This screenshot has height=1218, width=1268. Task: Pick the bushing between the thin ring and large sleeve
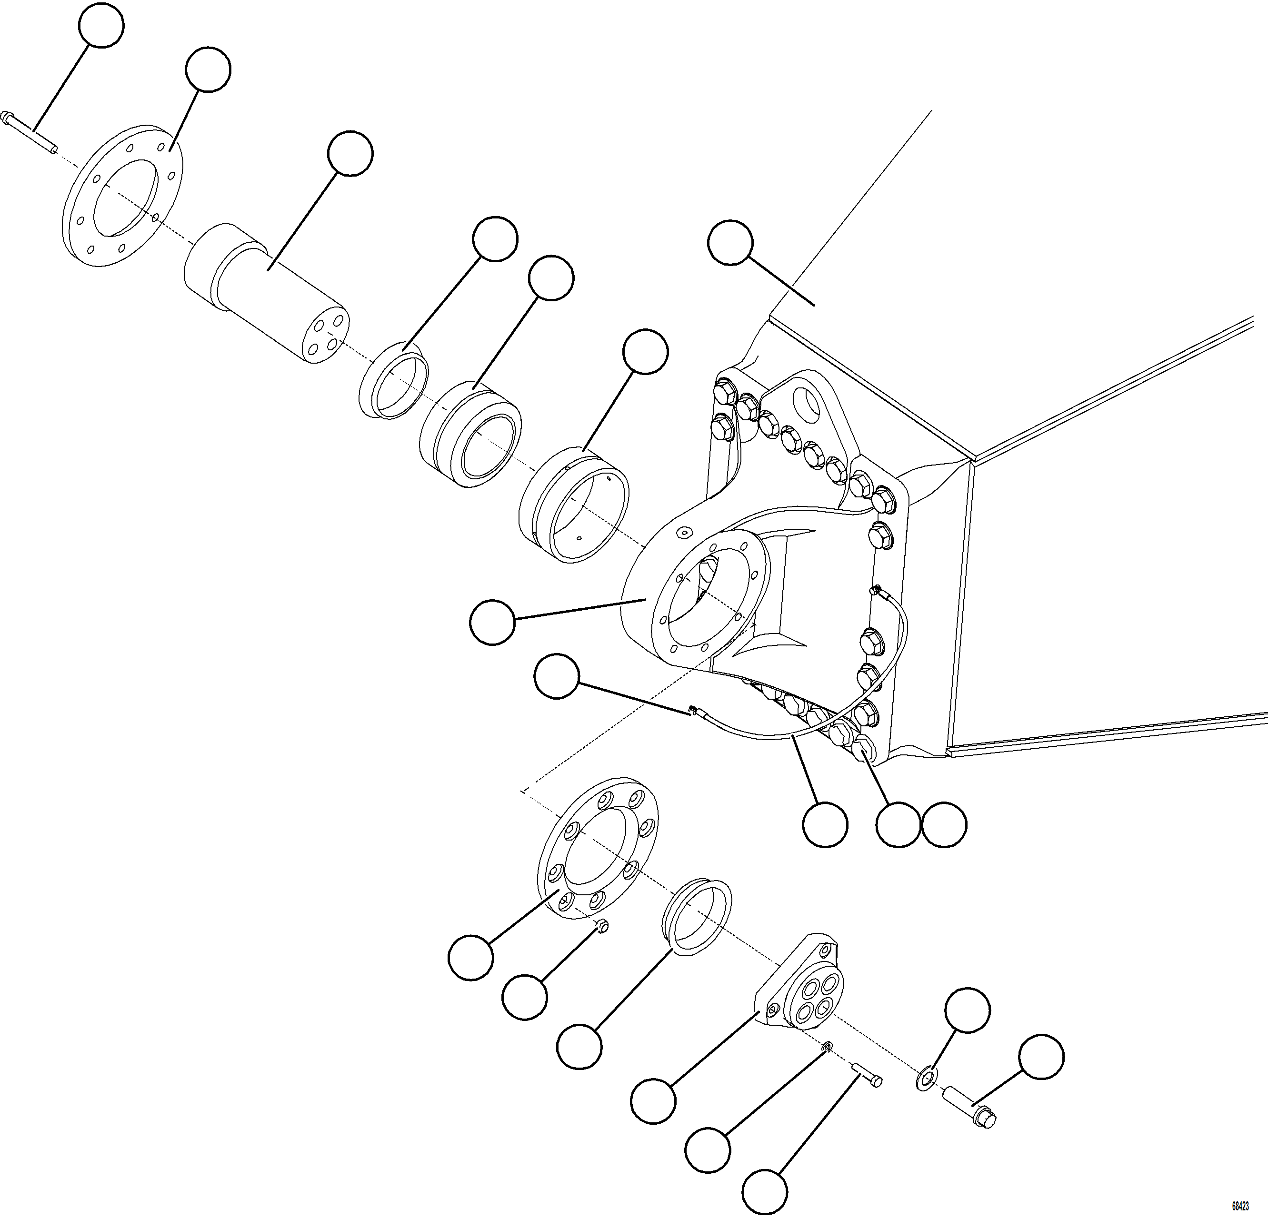[470, 434]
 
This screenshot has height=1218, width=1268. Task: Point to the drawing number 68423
[1239, 1206]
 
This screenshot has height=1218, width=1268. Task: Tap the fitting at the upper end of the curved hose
[877, 589]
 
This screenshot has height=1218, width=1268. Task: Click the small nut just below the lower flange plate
[600, 927]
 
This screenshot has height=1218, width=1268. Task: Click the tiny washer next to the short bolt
[828, 1046]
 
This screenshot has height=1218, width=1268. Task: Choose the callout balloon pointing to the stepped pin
[350, 153]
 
